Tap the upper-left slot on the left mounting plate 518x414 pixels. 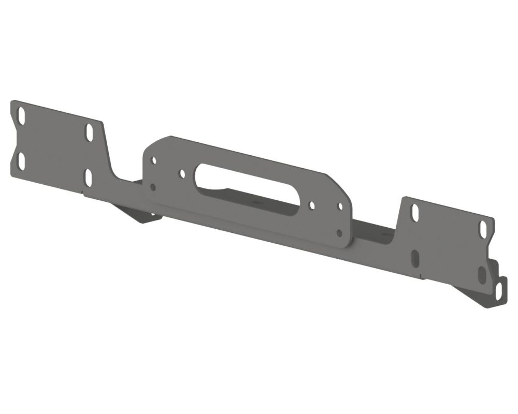(21, 116)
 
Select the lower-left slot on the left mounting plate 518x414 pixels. (21, 161)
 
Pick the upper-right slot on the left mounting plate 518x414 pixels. (89, 131)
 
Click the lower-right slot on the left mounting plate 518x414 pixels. (88, 177)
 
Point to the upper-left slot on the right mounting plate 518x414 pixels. (415, 212)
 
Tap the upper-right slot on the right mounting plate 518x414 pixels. (483, 228)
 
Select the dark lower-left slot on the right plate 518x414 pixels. (415, 258)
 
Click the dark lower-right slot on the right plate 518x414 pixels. (482, 274)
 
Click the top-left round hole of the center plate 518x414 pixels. (153, 160)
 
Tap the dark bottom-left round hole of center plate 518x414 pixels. (152, 186)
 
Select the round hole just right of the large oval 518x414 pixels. (311, 205)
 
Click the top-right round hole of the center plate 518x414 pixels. (340, 206)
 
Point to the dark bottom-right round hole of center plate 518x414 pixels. (339, 233)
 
